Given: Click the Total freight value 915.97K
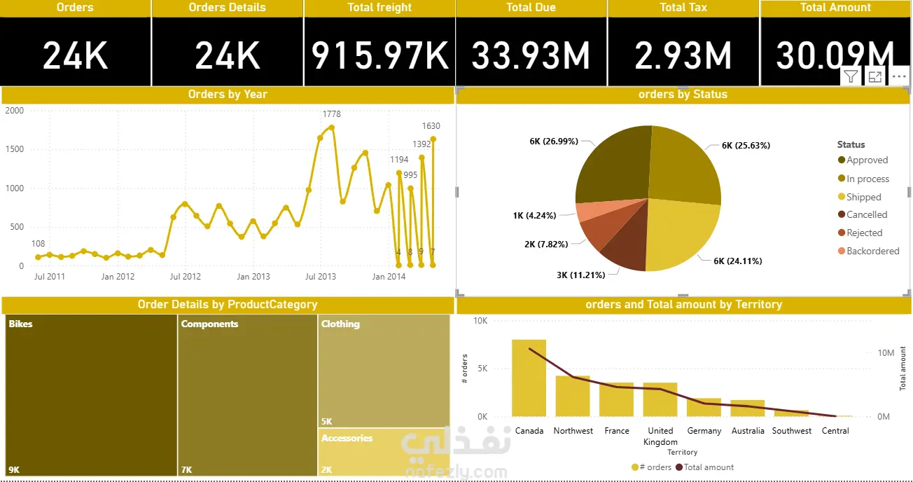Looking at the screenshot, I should point(379,55).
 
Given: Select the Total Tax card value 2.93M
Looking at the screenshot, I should point(683,55).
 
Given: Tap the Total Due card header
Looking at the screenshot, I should point(531,8).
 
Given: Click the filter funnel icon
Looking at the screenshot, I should point(851,77).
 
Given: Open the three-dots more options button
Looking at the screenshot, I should point(900,77).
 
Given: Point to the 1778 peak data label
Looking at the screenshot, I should point(332,114).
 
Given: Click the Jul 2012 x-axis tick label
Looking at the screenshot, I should point(186,277).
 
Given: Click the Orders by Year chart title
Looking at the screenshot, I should point(228,95).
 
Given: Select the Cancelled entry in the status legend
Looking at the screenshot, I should point(866,215).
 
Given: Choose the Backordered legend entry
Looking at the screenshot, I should point(872,251).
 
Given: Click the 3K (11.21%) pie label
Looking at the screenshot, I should point(580,275).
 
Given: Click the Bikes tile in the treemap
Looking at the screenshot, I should point(91,392).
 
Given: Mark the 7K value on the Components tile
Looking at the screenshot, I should point(186,470).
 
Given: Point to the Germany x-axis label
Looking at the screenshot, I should point(704,431).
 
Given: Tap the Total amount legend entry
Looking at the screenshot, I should point(708,467).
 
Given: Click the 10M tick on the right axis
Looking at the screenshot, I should point(886,353).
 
